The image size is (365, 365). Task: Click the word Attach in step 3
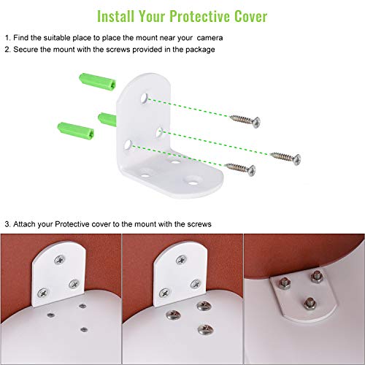pos(28,224)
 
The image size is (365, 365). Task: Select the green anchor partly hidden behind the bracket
pos(106,117)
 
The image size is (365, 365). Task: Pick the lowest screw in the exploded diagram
pos(237,168)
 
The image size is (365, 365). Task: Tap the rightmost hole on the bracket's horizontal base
pos(193,177)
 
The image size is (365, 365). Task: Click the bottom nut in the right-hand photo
pos(310,300)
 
